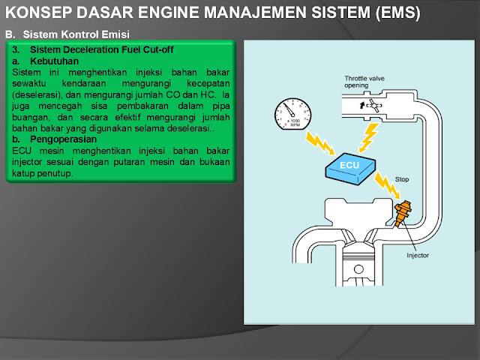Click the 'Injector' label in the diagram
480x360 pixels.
tap(418, 255)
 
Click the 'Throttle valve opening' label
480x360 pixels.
tap(366, 81)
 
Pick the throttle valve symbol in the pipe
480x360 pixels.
tap(371, 106)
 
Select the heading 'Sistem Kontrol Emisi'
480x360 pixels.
tap(76, 34)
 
